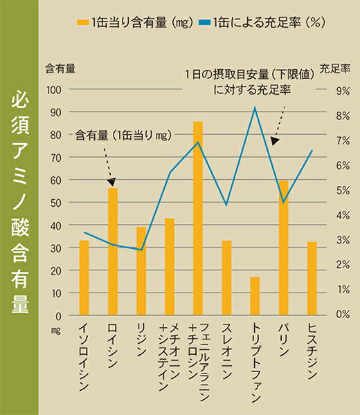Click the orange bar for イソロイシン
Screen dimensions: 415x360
84,277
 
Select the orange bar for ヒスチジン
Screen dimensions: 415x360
312,277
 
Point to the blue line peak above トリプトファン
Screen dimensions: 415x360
255,108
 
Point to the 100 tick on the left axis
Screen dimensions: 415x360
53,89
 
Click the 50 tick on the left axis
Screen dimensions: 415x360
56,202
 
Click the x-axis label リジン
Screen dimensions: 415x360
141,339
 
